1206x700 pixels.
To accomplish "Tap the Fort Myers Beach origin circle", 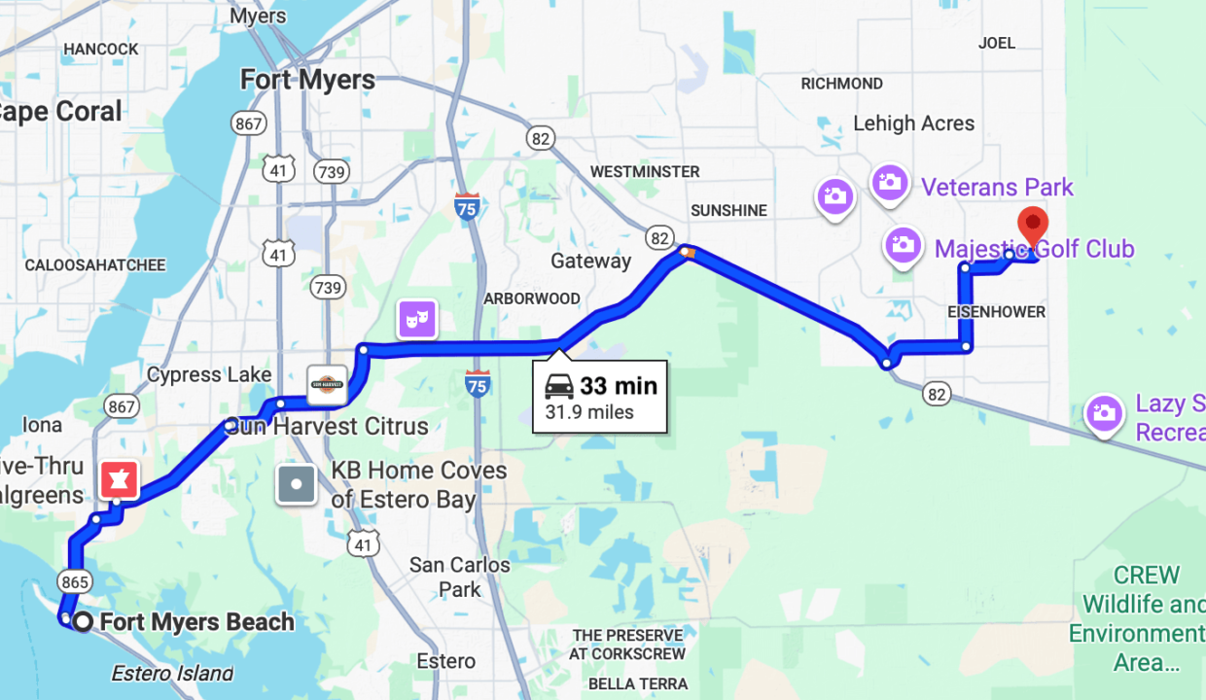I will pos(84,622).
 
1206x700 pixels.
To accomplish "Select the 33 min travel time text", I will pos(619,385).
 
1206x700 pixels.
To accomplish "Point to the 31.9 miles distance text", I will pos(589,412).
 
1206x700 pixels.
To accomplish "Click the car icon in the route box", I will pos(559,386).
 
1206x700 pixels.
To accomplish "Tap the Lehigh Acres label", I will pos(913,123).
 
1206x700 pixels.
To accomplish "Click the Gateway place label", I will pos(590,261).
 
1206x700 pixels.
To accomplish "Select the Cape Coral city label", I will pos(60,111).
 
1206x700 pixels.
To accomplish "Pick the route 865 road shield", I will pos(74,582).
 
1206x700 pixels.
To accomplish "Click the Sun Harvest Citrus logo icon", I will pos(327,384).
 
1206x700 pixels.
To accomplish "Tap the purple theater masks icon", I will pos(416,319).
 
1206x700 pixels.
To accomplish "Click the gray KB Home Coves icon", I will pos(297,483).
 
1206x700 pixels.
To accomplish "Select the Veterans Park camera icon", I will pos(889,182).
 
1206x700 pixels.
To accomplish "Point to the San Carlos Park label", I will pos(459,577).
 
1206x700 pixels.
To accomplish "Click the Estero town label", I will pos(445,661).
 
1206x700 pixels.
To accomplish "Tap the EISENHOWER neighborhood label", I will pos(997,312).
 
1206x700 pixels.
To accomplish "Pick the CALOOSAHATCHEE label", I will pos(95,264).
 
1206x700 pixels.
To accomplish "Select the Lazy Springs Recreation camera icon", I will pos(1104,412).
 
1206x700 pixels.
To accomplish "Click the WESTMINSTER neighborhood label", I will pos(645,171).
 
